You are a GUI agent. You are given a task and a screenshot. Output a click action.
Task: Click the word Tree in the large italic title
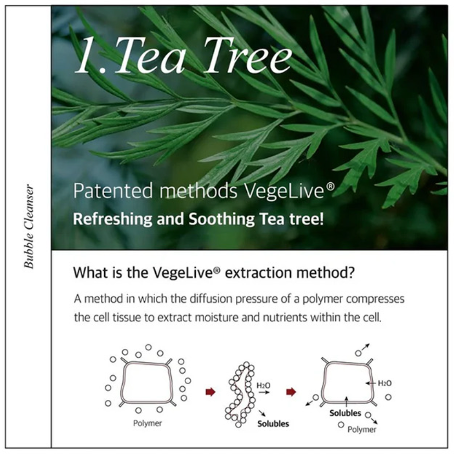coord(247,55)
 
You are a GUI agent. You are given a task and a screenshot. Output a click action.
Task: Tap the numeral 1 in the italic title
coord(87,55)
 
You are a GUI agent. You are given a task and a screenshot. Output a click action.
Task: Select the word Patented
coord(113,191)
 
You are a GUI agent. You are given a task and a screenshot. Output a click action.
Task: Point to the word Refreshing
coord(112,219)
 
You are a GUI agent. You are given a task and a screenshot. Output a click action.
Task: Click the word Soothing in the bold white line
coord(221,219)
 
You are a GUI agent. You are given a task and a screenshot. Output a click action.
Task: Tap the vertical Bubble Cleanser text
coord(29,226)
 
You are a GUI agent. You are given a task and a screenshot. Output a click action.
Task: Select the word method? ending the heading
coord(326,272)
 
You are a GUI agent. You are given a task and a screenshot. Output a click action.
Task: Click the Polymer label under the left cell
coord(147,423)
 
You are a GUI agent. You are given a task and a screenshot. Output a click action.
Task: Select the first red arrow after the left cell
coord(210,392)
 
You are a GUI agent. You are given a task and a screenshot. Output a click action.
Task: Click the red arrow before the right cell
coord(291,392)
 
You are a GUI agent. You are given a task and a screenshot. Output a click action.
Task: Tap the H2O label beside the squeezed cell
coord(263,385)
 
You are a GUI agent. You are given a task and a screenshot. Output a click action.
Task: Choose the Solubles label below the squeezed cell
coord(273,424)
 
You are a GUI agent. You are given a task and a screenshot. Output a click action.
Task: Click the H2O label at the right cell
coord(385,383)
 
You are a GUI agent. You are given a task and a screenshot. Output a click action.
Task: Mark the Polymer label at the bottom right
coord(362,430)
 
